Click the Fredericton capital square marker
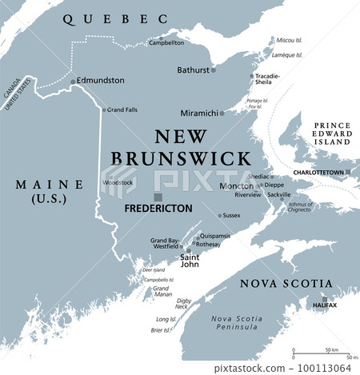[158, 197]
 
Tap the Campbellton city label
[166, 42]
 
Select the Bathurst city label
[193, 70]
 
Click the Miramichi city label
[200, 113]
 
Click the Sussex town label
[231, 215]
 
